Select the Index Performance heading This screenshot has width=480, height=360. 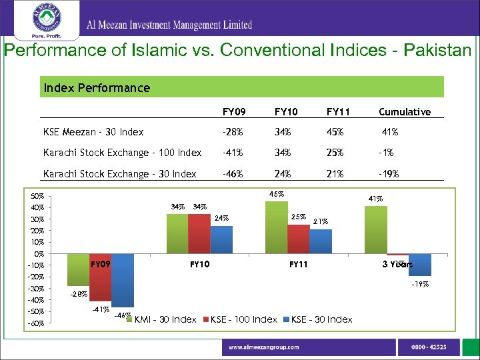97,87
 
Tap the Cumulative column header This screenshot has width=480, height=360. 404,112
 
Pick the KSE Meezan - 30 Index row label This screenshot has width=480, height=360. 93,132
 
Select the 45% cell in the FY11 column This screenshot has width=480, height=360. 335,132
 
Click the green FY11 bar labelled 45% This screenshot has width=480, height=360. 276,227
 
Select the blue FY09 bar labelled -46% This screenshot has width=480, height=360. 123,280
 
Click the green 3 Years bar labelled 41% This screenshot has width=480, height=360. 376,229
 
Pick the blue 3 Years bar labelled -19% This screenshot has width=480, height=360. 420,265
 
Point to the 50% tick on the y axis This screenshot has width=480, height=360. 37,197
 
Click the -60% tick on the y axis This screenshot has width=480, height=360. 37,323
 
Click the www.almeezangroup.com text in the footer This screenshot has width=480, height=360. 264,347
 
